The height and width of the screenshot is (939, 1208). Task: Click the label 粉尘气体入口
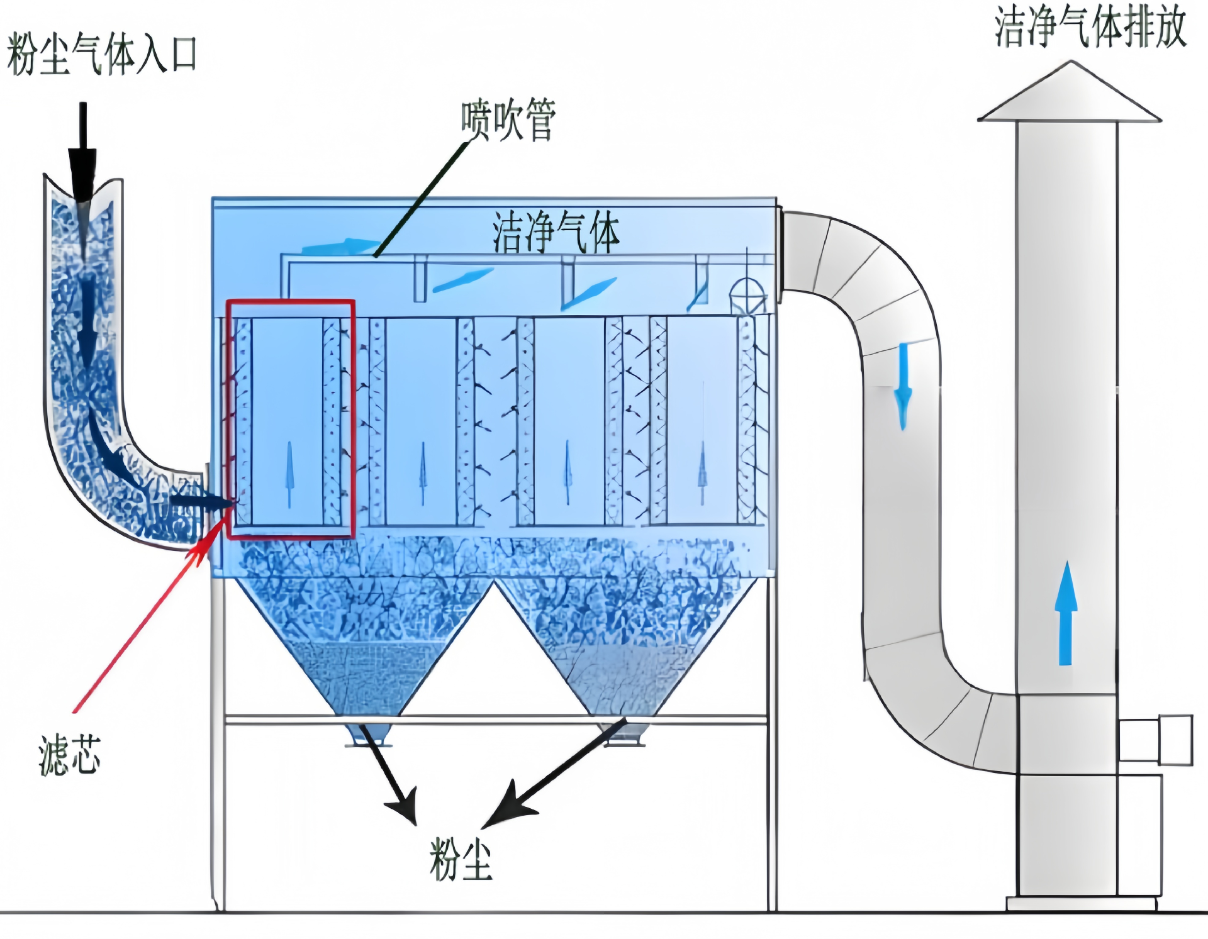click(102, 55)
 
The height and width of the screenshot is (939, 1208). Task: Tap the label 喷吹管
click(508, 119)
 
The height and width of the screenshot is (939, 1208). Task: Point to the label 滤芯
click(69, 754)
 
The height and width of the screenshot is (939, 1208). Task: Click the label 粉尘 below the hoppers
click(460, 859)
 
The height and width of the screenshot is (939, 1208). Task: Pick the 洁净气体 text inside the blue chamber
click(556, 232)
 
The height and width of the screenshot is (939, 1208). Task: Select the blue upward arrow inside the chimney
click(1065, 613)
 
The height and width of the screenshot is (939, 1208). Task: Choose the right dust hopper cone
click(626, 648)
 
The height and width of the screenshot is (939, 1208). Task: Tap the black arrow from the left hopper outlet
click(390, 777)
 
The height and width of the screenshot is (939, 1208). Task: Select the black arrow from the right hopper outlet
click(554, 774)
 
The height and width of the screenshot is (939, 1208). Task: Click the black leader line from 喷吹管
click(422, 198)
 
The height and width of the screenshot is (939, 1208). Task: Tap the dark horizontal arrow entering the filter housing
click(201, 501)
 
